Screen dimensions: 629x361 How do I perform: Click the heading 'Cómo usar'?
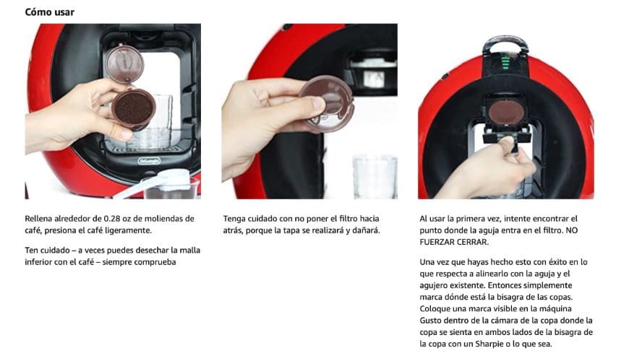pos(49,12)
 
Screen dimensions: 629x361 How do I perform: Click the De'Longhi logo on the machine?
pos(149,161)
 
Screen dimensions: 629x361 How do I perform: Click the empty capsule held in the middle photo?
pos(327,104)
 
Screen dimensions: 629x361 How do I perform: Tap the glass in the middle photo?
pos(375,176)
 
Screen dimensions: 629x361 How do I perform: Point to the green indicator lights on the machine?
pos(505,63)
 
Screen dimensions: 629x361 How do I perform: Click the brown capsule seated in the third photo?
pos(507,112)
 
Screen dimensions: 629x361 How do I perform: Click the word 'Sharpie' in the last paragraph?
pos(489,344)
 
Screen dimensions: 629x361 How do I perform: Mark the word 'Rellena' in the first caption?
pos(38,219)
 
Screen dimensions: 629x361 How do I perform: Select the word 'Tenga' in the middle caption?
pos(234,219)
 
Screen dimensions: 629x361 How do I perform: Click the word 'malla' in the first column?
pos(189,251)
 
